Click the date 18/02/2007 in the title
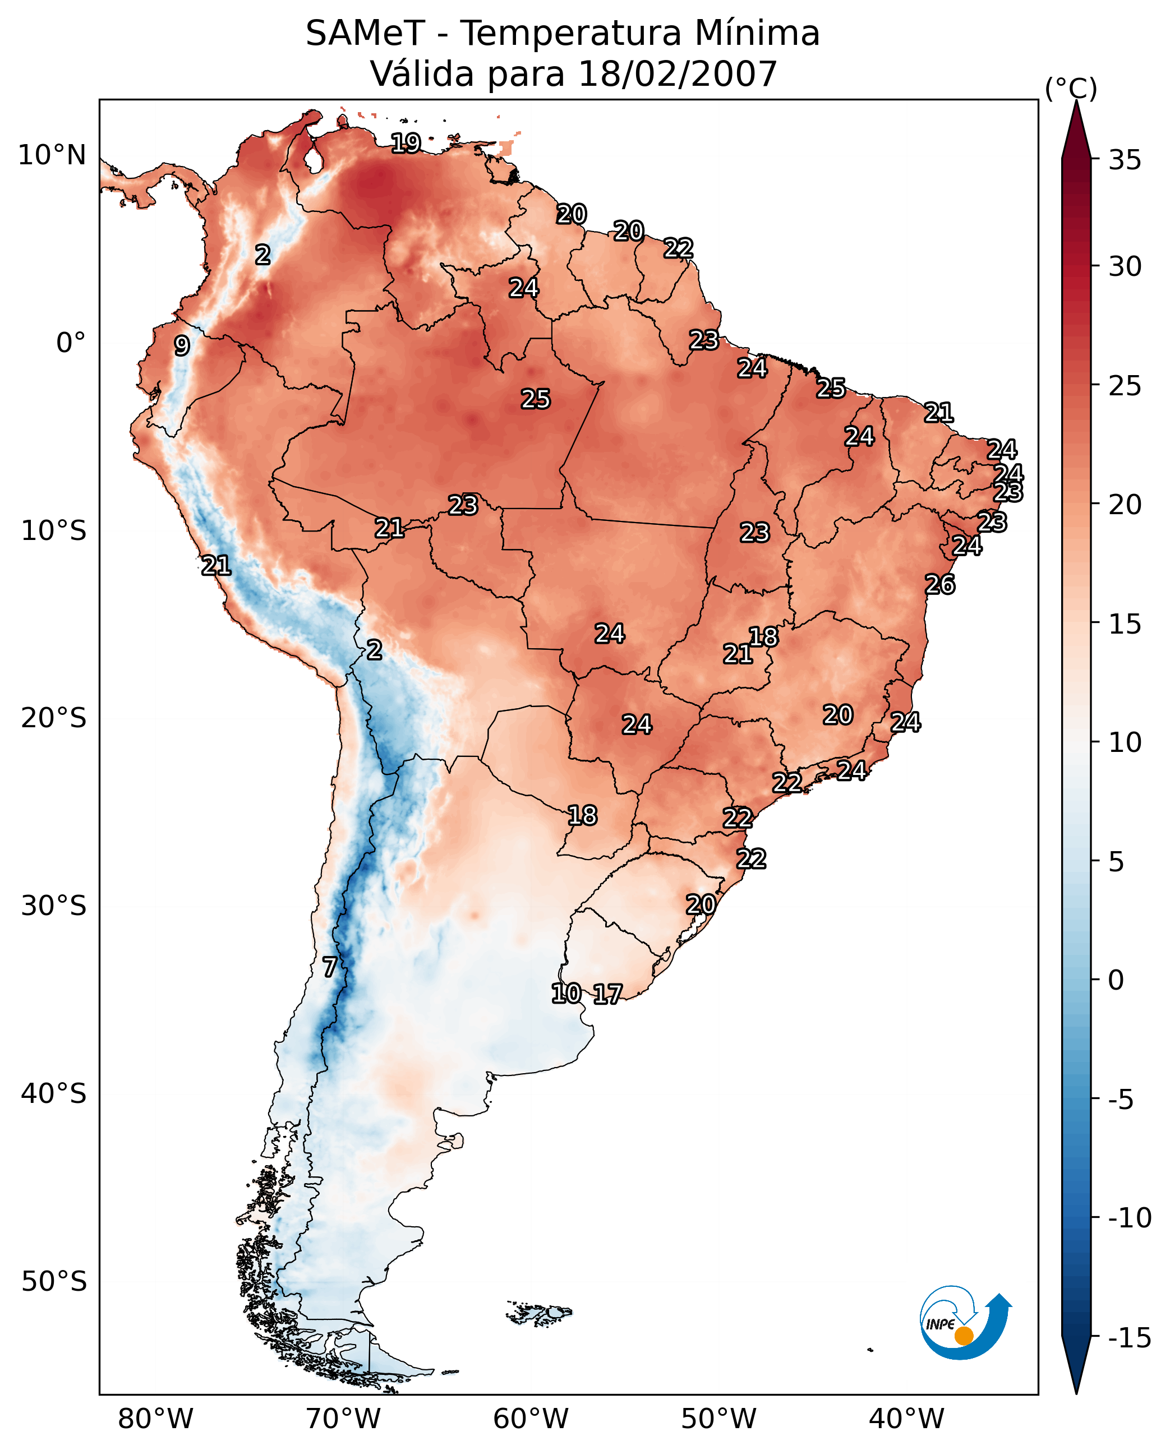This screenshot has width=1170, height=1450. coord(678,74)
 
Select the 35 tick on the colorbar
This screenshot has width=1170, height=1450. coord(1125,160)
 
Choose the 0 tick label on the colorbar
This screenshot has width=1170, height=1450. coord(1116,980)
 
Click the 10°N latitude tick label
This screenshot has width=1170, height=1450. coord(52,156)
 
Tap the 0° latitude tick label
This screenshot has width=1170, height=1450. coord(71,343)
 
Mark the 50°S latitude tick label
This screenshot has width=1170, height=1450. coord(54,1282)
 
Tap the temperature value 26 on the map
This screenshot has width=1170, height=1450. coord(939,584)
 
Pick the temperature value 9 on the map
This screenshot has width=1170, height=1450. coord(182,345)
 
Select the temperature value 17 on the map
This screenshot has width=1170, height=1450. coord(607,994)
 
